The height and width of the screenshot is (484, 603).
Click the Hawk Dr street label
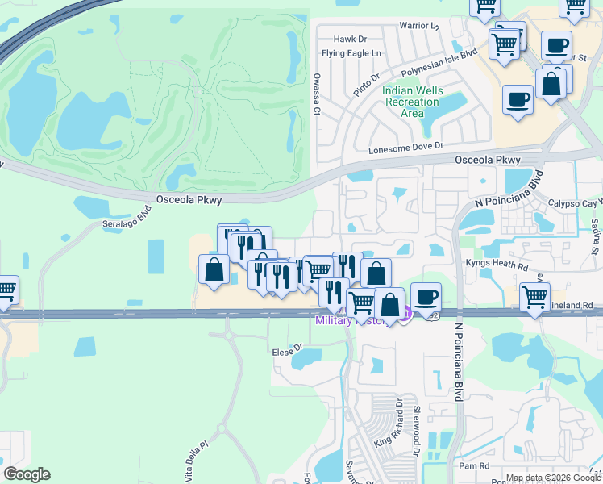[x=350, y=39]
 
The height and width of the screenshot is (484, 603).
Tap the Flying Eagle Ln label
[x=351, y=53]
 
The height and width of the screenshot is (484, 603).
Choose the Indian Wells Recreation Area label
[x=412, y=102]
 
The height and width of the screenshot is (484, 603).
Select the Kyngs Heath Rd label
[x=495, y=264]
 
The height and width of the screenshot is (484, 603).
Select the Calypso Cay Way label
[x=575, y=203]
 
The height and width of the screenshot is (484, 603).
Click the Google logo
[x=27, y=474]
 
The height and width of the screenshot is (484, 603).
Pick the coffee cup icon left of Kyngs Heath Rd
[x=426, y=297]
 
